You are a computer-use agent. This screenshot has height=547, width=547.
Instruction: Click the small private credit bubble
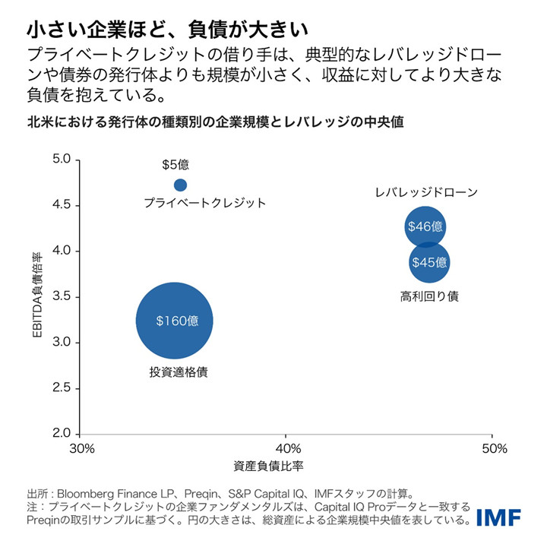(x=180, y=185)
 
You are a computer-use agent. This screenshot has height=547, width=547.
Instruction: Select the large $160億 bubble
(x=175, y=321)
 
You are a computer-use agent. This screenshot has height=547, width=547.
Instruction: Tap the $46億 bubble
(x=425, y=226)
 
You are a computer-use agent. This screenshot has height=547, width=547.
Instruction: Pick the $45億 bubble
(x=429, y=263)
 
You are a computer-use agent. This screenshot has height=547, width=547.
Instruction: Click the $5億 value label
(x=175, y=164)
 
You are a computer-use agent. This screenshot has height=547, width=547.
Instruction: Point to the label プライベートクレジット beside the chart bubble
(x=205, y=203)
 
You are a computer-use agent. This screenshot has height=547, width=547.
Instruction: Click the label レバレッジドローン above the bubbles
(x=426, y=192)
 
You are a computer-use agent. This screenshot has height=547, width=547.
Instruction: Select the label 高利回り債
(x=429, y=296)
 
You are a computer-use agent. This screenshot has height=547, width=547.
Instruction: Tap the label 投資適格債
(x=179, y=372)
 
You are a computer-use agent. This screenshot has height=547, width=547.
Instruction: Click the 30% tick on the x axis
(x=82, y=448)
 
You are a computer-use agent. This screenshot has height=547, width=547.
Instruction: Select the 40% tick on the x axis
(x=287, y=448)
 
